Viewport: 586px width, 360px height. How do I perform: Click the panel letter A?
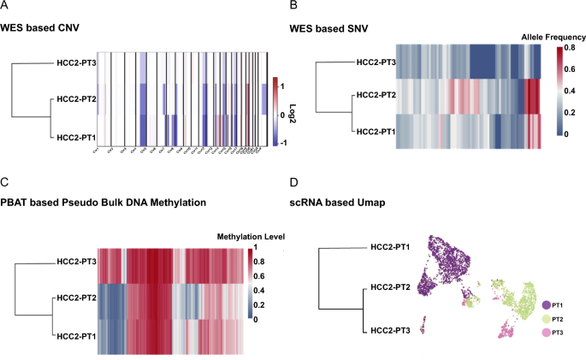tap(5, 7)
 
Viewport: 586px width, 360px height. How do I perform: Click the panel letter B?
tap(294, 7)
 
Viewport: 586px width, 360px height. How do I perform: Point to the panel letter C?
tap(5, 181)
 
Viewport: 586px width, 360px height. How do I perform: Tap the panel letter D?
tap(295, 181)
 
